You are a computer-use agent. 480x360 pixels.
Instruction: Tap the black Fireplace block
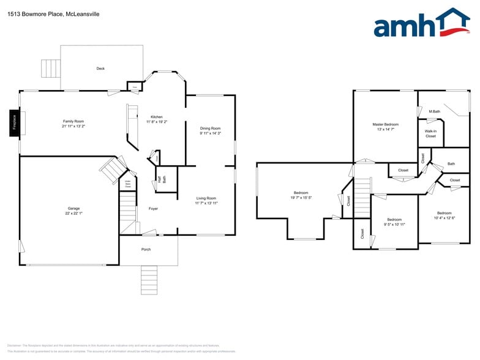click(x=13, y=122)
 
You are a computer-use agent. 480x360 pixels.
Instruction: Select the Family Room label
click(x=73, y=121)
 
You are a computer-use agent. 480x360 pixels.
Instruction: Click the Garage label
click(x=73, y=208)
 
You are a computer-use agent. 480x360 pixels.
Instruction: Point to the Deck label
click(x=100, y=69)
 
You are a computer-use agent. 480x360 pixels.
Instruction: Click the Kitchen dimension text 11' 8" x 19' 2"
click(x=157, y=122)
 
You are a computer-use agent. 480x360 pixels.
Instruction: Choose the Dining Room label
click(x=210, y=129)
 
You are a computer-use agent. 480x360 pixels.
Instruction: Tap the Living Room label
click(x=206, y=198)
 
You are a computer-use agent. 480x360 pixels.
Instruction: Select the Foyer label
click(x=153, y=209)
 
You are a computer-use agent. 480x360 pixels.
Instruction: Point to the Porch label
click(x=146, y=249)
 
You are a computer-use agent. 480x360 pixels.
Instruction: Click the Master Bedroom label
click(x=385, y=124)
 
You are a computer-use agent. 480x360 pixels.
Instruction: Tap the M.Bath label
click(x=435, y=111)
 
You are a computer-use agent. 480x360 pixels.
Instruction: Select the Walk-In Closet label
click(x=430, y=133)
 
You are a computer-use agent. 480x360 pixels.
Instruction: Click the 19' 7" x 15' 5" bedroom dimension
click(x=301, y=198)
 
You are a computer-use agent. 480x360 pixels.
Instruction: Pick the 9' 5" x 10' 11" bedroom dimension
click(x=394, y=224)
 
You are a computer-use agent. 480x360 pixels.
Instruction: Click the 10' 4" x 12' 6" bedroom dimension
click(x=444, y=217)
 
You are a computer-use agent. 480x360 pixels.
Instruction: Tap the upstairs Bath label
click(x=451, y=163)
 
